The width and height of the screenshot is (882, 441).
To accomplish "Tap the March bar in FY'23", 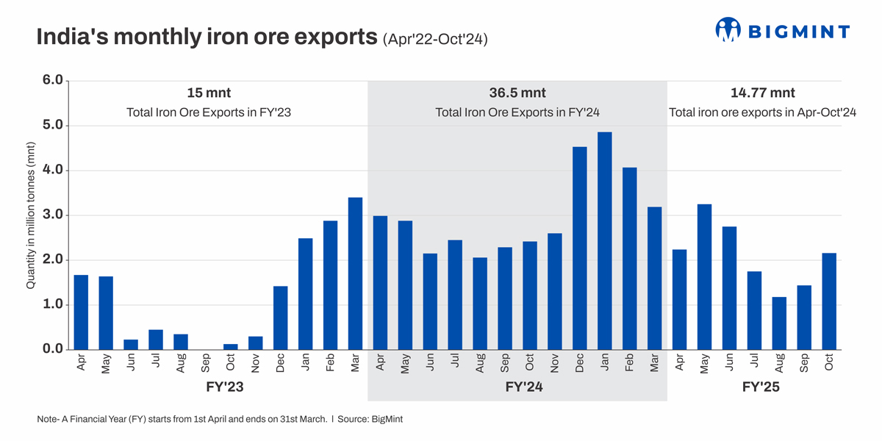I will (355, 273).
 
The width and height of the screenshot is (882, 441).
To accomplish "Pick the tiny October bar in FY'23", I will (231, 347).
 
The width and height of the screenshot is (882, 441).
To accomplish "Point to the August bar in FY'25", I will (779, 323).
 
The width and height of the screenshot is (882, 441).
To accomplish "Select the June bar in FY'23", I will (131, 345).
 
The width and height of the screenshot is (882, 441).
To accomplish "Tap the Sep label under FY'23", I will (206, 364).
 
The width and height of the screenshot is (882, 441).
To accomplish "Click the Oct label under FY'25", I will (829, 364).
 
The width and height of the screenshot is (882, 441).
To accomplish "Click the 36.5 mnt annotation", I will (517, 93).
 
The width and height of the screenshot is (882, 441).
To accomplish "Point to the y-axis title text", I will (32, 215).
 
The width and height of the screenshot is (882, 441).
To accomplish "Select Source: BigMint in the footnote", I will (373, 419).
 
